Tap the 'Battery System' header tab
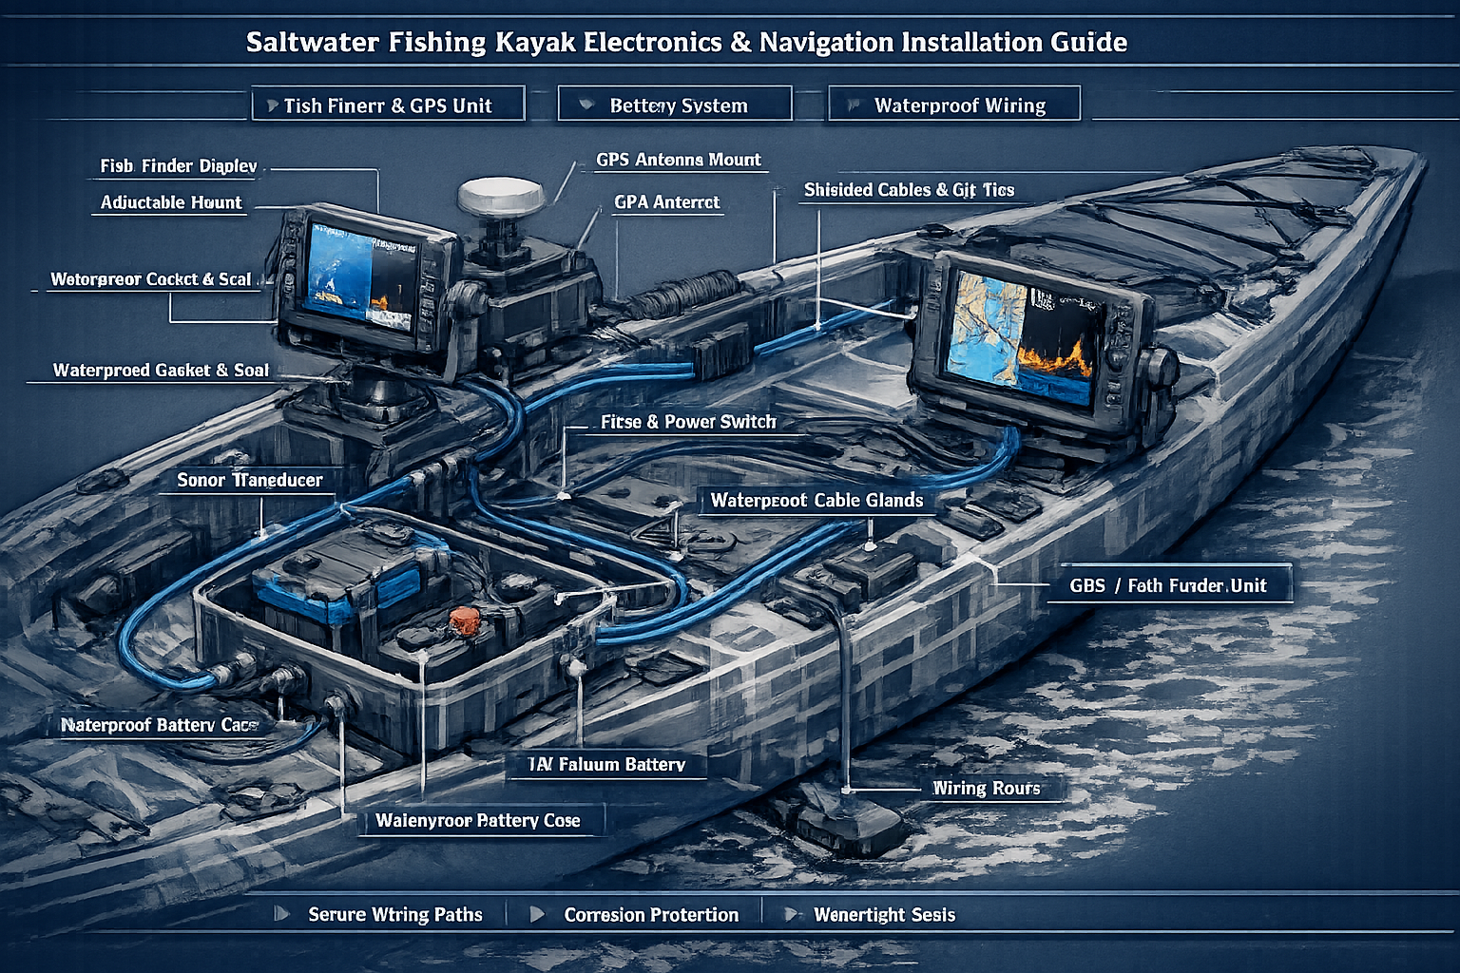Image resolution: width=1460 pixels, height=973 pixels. click(x=675, y=105)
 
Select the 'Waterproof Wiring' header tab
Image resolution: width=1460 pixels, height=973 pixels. click(x=955, y=105)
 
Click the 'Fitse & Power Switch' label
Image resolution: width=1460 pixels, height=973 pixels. click(x=688, y=422)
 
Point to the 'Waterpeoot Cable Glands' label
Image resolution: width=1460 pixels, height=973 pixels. click(x=816, y=500)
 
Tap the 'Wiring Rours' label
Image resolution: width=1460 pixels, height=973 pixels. click(x=986, y=788)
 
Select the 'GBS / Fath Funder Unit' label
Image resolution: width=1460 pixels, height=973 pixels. click(x=1168, y=585)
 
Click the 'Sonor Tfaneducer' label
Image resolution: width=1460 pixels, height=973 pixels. click(x=250, y=480)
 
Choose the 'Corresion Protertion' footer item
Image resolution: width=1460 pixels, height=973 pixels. click(x=651, y=914)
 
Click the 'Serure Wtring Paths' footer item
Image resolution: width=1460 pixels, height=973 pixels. click(x=394, y=914)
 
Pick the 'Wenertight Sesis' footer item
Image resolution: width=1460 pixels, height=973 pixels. click(x=884, y=914)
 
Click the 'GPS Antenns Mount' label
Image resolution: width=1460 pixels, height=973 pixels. click(x=679, y=160)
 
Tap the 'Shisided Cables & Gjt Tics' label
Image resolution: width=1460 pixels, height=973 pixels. click(x=909, y=190)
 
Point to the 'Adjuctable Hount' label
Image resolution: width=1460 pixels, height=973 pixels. click(x=171, y=202)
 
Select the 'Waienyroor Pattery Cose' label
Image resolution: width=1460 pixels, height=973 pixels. click(x=477, y=820)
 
